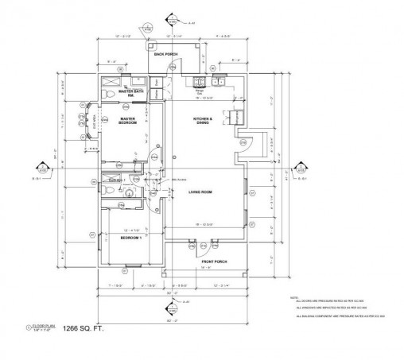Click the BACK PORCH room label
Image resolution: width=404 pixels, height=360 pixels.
(165, 55)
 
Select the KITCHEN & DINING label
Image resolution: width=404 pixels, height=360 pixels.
(204, 121)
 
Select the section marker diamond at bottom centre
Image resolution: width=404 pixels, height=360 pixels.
(169, 304)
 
